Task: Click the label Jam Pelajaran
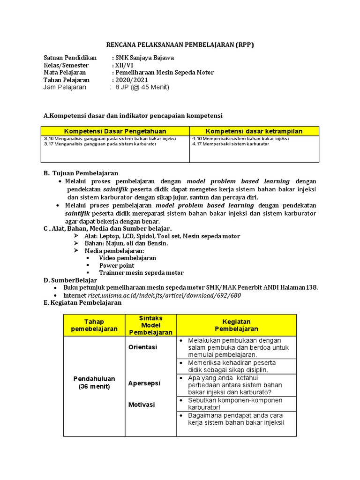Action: tap(65, 87)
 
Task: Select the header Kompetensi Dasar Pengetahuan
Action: tap(115, 131)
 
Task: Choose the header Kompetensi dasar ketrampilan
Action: tap(254, 131)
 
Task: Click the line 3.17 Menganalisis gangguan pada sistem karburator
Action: tap(100, 144)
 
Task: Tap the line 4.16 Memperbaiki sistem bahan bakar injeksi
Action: tap(240, 139)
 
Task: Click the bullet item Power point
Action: tap(117, 265)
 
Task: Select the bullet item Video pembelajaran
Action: tap(127, 258)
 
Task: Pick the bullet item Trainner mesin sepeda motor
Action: tap(141, 273)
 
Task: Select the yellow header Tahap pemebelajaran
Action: tap(94, 325)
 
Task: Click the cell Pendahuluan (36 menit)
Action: tap(94, 382)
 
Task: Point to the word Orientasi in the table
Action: tap(143, 347)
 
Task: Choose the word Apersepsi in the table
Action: tap(144, 383)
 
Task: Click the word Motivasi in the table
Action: tap(142, 405)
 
